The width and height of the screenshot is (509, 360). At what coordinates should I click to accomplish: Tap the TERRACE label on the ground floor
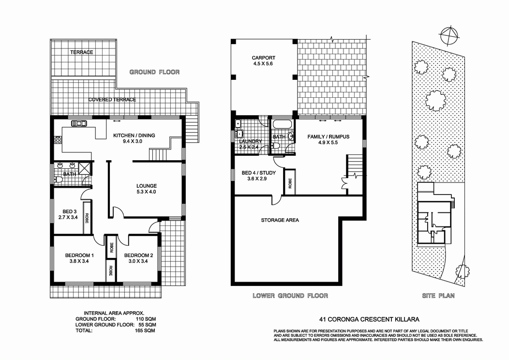click(81, 52)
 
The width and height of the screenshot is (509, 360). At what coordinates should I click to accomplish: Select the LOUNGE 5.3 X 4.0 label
click(146, 189)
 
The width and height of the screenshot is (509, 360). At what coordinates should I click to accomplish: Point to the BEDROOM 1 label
click(79, 258)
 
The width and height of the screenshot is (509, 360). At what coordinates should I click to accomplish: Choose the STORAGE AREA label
click(280, 220)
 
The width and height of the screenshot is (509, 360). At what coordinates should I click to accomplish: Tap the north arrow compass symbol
click(449, 34)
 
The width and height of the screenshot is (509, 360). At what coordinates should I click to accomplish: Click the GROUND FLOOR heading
click(154, 72)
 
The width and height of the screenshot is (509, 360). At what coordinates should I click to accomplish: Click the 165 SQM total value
click(144, 331)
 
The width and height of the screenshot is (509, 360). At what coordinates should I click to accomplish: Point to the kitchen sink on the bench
click(79, 123)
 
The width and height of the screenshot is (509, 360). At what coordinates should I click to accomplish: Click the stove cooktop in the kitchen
click(58, 141)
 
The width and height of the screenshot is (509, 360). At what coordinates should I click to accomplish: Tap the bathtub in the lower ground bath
click(282, 125)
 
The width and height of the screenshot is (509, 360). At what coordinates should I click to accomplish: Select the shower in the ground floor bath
click(85, 168)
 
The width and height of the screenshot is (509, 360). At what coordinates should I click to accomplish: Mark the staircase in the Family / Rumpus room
click(354, 166)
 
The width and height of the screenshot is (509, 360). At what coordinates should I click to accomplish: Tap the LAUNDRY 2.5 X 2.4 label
click(250, 144)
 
